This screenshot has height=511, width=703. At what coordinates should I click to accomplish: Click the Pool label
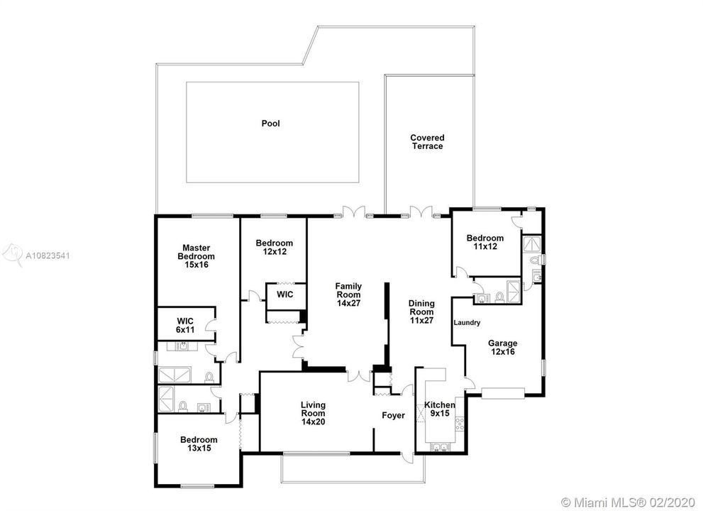270,123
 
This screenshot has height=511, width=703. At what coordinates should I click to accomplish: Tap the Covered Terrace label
427,142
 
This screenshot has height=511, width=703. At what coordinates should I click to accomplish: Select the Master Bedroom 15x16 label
196,256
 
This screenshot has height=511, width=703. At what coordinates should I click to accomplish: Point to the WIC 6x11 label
185,325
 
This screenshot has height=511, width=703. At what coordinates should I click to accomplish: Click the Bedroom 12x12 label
275,247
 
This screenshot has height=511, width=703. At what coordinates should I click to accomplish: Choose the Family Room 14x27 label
348,295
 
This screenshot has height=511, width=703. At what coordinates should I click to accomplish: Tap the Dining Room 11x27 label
421,312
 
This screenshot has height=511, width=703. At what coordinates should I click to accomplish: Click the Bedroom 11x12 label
485,242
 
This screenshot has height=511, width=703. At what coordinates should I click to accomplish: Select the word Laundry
467,323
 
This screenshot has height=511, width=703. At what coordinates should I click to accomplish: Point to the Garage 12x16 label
502,347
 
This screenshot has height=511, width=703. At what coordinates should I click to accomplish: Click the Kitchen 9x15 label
440,409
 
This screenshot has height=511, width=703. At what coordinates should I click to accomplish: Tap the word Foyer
393,415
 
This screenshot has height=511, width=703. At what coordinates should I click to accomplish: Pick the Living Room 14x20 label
313,413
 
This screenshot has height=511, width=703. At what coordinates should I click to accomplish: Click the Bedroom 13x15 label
199,444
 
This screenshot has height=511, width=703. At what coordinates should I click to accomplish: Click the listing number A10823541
48,255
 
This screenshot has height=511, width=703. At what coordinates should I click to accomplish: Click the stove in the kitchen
460,424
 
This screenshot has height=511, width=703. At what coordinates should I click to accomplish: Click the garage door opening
503,393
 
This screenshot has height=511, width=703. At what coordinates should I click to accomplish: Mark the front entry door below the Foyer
408,457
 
